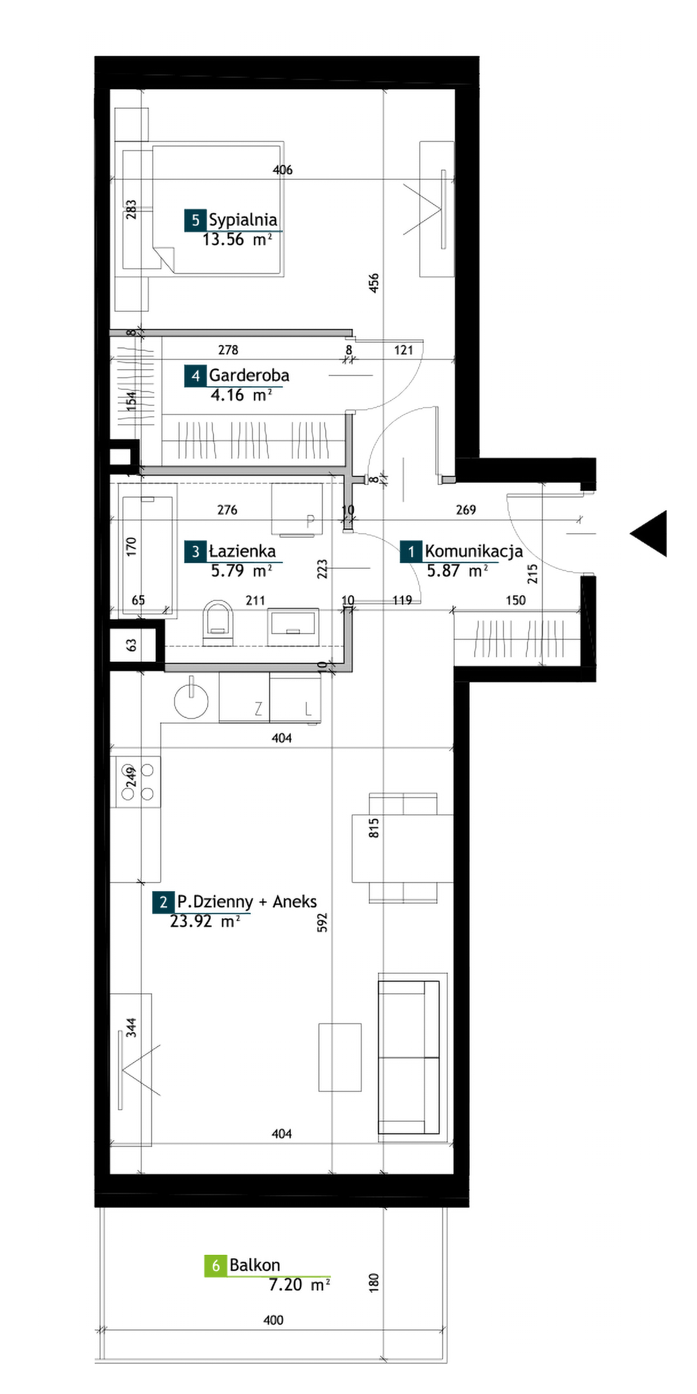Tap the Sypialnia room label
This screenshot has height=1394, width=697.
(x=243, y=220)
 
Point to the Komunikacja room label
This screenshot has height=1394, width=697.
(x=474, y=552)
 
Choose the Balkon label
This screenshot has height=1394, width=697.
(x=255, y=1265)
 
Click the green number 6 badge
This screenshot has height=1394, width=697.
(x=215, y=1266)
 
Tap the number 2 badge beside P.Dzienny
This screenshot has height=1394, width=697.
(x=163, y=902)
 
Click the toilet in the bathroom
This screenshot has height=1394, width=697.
(x=218, y=622)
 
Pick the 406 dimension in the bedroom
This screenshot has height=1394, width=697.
(x=282, y=170)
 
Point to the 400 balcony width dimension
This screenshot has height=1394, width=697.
(x=273, y=1320)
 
